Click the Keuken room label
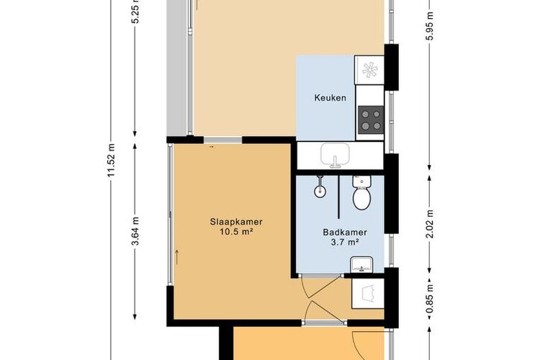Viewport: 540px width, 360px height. tap(330, 98)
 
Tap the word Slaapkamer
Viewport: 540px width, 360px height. tap(236, 222)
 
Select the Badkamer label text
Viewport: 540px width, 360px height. tap(345, 232)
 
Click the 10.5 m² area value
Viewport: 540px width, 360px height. tap(236, 232)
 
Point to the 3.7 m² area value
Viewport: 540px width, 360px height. tap(345, 242)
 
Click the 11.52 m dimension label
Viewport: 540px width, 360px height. tap(111, 161)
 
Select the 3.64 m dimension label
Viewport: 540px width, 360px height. tap(135, 231)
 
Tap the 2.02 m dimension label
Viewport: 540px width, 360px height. tap(429, 224)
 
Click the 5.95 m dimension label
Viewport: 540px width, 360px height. tap(429, 26)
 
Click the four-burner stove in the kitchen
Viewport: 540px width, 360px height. tap(371, 120)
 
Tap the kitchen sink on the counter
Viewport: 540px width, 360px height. tap(335, 156)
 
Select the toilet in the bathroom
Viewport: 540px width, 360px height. tap(361, 192)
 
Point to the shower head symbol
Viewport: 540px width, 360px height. tap(320, 186)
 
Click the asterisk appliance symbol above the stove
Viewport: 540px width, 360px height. tap(369, 71)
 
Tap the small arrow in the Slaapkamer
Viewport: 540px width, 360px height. tap(177, 257)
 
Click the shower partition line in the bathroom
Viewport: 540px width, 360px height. tap(339, 197)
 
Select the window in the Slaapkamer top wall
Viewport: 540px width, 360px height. tap(222, 140)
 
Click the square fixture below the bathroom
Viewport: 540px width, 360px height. tap(367, 294)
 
